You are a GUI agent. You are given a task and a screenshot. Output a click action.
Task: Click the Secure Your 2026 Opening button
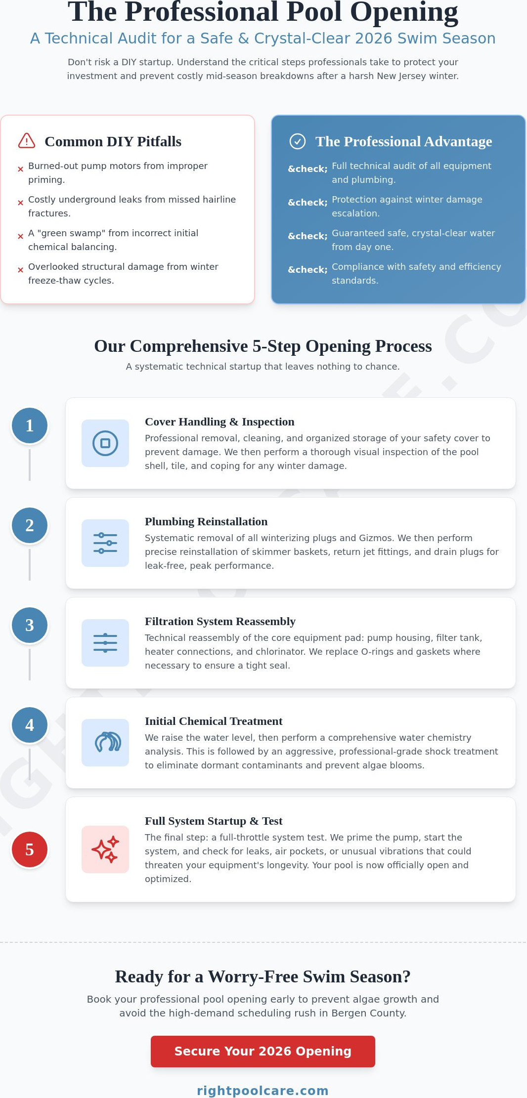(x=263, y=1051)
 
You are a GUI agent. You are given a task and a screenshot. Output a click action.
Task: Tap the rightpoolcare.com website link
(x=263, y=1091)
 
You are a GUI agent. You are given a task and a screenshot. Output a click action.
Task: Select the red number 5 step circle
(x=30, y=849)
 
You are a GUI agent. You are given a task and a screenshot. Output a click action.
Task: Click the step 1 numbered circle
(x=30, y=425)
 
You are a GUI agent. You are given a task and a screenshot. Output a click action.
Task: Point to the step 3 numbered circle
(x=30, y=625)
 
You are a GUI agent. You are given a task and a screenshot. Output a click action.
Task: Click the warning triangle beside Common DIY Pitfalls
(x=27, y=141)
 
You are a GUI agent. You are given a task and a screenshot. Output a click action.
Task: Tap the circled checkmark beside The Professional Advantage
(x=297, y=141)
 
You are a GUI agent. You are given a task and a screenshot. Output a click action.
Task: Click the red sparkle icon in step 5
(x=105, y=849)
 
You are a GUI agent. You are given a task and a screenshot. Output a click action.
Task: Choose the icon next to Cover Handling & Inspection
(x=105, y=443)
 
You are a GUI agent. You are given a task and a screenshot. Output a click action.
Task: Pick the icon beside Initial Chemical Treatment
(x=105, y=743)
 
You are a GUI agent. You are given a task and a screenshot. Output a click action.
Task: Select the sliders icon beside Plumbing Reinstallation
(x=105, y=543)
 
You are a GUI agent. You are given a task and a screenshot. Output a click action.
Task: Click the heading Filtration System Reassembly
(x=220, y=621)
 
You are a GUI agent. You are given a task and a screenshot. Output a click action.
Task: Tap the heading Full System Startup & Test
(x=214, y=821)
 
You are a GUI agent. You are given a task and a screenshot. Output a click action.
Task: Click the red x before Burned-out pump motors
(x=20, y=169)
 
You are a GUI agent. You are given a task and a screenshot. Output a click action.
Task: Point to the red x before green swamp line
(x=20, y=236)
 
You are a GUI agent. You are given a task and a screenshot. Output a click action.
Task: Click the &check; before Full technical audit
(x=307, y=169)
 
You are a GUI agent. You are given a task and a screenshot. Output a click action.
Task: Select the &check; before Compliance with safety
(x=307, y=270)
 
